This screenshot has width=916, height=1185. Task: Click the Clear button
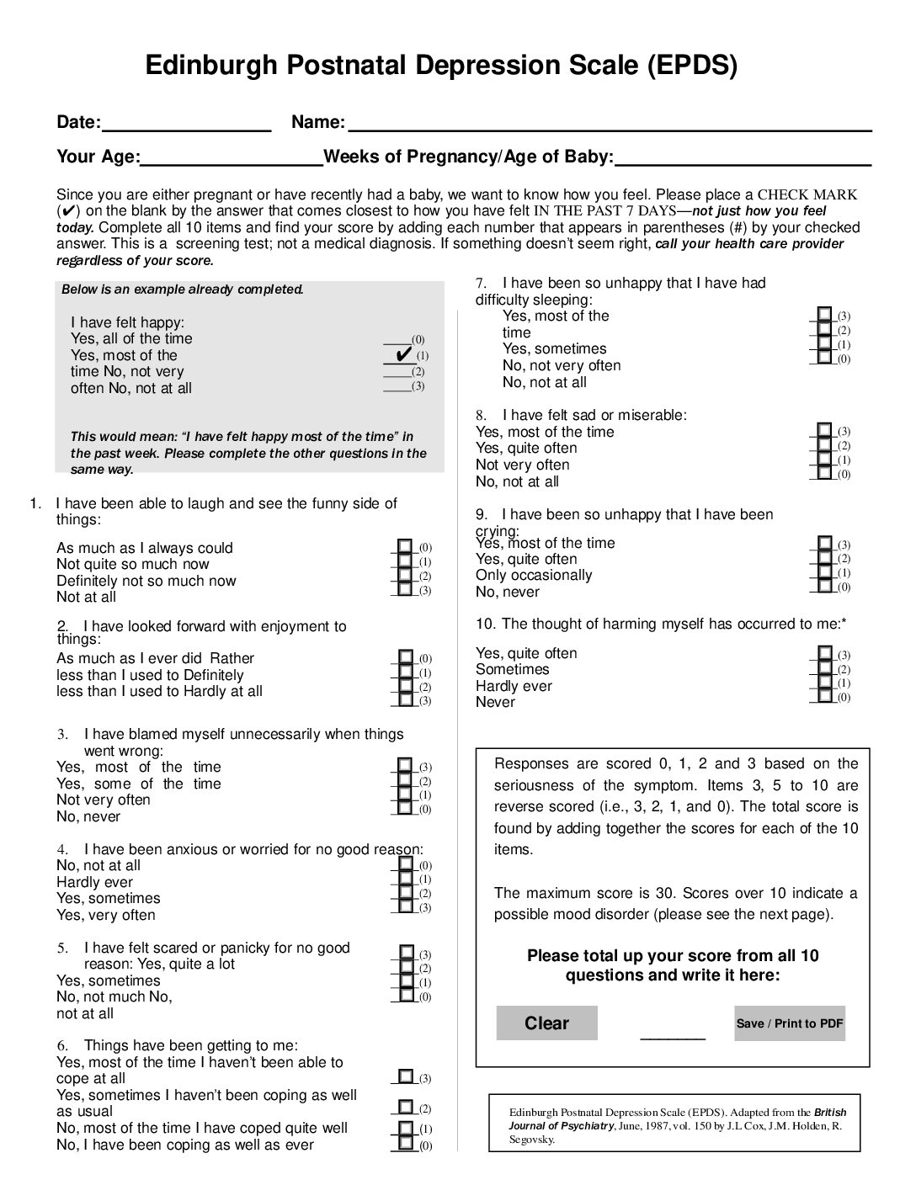click(546, 1023)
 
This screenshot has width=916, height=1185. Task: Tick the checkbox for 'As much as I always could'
click(405, 547)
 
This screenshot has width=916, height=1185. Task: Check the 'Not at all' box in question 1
click(405, 589)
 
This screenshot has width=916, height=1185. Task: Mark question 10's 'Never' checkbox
click(825, 696)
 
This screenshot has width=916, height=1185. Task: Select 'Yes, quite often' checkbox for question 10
click(825, 654)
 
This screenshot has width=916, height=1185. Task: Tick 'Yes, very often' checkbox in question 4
click(406, 906)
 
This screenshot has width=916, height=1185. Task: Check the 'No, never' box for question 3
click(405, 808)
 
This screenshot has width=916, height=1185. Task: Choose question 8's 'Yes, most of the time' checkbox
click(825, 431)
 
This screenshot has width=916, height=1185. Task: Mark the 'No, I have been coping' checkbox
click(406, 1144)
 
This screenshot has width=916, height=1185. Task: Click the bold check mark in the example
click(402, 353)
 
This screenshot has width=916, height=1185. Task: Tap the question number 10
click(485, 624)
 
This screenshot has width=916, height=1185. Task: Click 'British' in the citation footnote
click(830, 1113)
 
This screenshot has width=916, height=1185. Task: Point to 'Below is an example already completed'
click(182, 290)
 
